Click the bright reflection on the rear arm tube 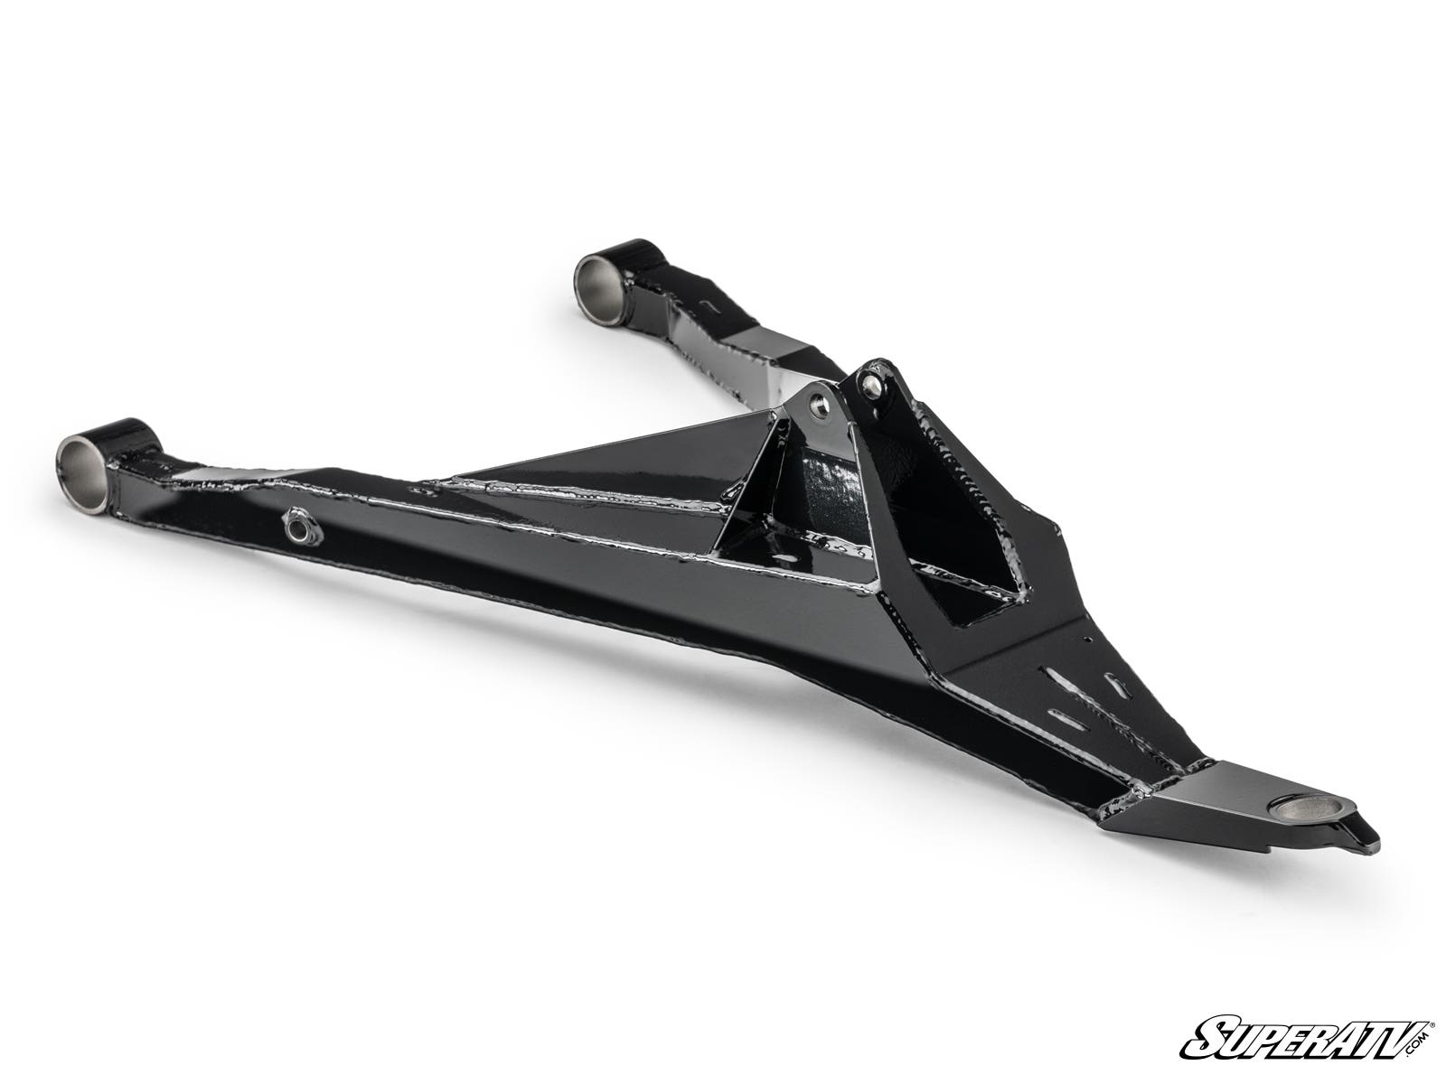tap(764, 357)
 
